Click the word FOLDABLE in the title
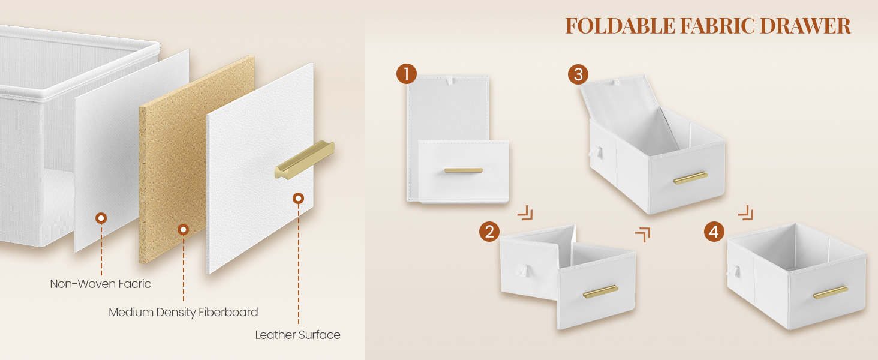(x=620, y=26)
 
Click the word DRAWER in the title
(x=805, y=26)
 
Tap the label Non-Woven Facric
(x=100, y=284)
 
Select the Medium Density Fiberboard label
(x=183, y=312)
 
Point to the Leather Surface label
(x=297, y=335)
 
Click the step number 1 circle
(x=407, y=74)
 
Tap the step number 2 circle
(x=489, y=232)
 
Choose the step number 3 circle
(x=578, y=74)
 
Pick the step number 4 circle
(x=714, y=232)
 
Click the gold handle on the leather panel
(x=305, y=160)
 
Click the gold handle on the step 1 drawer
(x=464, y=170)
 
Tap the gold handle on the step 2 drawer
(x=600, y=292)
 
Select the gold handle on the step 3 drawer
(x=691, y=178)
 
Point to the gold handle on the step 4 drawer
(x=831, y=293)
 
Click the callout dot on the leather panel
(x=298, y=199)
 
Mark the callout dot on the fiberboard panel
(x=183, y=229)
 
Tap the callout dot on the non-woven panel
(x=101, y=218)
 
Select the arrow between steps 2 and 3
(x=643, y=235)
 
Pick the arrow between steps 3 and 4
(x=746, y=212)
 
